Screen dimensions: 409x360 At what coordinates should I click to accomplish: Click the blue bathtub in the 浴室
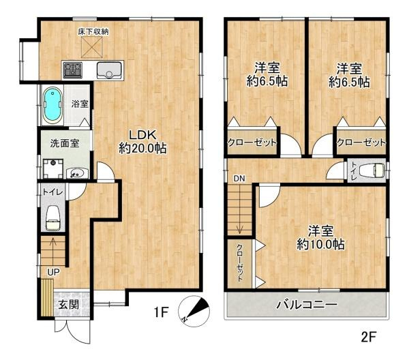pyautogui.click(x=53, y=106)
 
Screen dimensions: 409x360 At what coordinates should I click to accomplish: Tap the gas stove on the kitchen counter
pyautogui.click(x=73, y=70)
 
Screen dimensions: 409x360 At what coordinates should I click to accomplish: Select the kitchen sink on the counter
pyautogui.click(x=109, y=70)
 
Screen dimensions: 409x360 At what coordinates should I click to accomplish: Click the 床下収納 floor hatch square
pyautogui.click(x=92, y=46)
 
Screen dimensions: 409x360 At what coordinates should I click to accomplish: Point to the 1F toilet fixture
pyautogui.click(x=53, y=218)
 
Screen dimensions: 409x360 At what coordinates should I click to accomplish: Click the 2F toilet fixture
pyautogui.click(x=372, y=170)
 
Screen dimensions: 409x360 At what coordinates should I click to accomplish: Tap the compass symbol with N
pyautogui.click(x=194, y=311)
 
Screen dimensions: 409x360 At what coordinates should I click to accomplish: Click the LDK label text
pyautogui.click(x=143, y=135)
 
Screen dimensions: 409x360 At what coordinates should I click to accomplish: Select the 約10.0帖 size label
pyautogui.click(x=320, y=244)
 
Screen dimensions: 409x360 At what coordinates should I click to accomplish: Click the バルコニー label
pyautogui.click(x=307, y=305)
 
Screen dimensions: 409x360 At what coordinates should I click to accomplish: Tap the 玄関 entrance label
pyautogui.click(x=68, y=304)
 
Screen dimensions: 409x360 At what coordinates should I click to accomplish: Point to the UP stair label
pyautogui.click(x=53, y=272)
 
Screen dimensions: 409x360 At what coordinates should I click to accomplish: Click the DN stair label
pyautogui.click(x=239, y=179)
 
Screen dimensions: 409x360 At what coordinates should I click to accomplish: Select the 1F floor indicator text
pyautogui.click(x=162, y=312)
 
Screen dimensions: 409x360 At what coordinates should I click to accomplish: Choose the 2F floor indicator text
pyautogui.click(x=368, y=337)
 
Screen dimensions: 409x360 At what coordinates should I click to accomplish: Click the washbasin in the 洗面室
pyautogui.click(x=77, y=173)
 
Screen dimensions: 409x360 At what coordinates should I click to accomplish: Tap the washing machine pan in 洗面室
pyautogui.click(x=53, y=168)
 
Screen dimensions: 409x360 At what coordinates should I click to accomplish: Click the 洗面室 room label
pyautogui.click(x=65, y=143)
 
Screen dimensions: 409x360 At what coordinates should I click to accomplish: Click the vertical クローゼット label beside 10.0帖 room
pyautogui.click(x=239, y=263)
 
